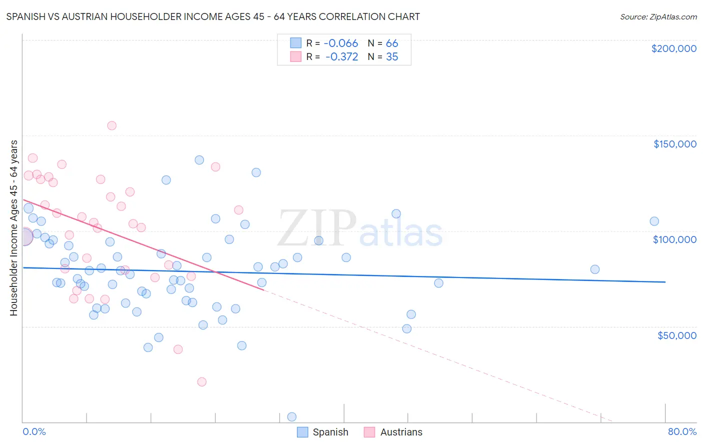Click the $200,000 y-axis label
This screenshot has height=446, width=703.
673,48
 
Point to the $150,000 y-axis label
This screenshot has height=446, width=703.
674,144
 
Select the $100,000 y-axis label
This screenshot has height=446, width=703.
674,239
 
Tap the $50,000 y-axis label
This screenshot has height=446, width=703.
676,335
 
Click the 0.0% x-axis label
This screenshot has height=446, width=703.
34,431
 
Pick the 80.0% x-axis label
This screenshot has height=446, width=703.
682,431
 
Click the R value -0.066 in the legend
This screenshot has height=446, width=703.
341,43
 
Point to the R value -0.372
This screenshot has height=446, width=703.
341,57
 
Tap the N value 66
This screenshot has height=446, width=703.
392,43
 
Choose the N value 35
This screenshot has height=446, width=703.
392,57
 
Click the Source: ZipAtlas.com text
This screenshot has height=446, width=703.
658,17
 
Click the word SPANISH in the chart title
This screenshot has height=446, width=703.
28,16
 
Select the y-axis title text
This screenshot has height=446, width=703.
13,227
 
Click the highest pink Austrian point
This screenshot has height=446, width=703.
112,125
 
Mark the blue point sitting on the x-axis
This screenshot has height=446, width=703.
292,417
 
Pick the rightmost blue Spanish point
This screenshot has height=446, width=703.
654,221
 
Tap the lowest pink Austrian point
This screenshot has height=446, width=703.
202,381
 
